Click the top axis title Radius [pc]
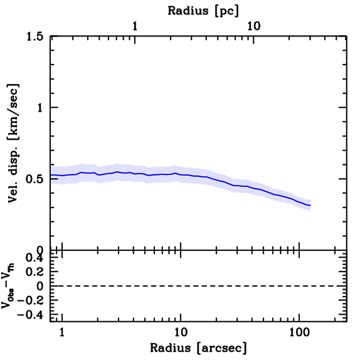coord(203,10)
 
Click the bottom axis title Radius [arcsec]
coord(198,348)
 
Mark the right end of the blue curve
coord(310,205)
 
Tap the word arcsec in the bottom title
coord(221,348)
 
